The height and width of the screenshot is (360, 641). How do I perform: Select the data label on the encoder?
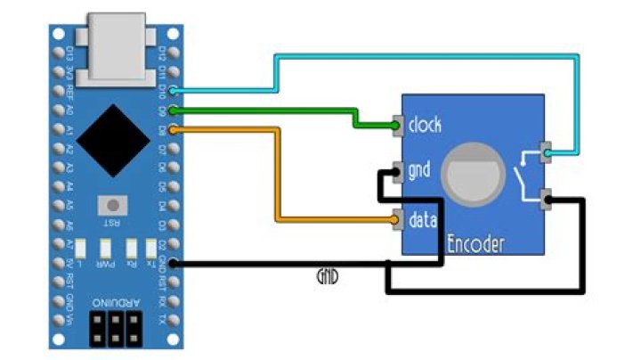click(421, 217)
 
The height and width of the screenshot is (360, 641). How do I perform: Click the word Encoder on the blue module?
click(475, 244)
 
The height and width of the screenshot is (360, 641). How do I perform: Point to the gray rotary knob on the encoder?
click(470, 172)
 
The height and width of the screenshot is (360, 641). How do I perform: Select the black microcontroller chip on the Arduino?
click(111, 138)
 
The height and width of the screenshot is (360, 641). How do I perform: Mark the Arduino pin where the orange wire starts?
click(174, 130)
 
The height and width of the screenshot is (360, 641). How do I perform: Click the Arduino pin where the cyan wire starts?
click(174, 91)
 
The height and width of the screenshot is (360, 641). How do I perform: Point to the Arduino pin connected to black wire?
click(174, 263)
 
